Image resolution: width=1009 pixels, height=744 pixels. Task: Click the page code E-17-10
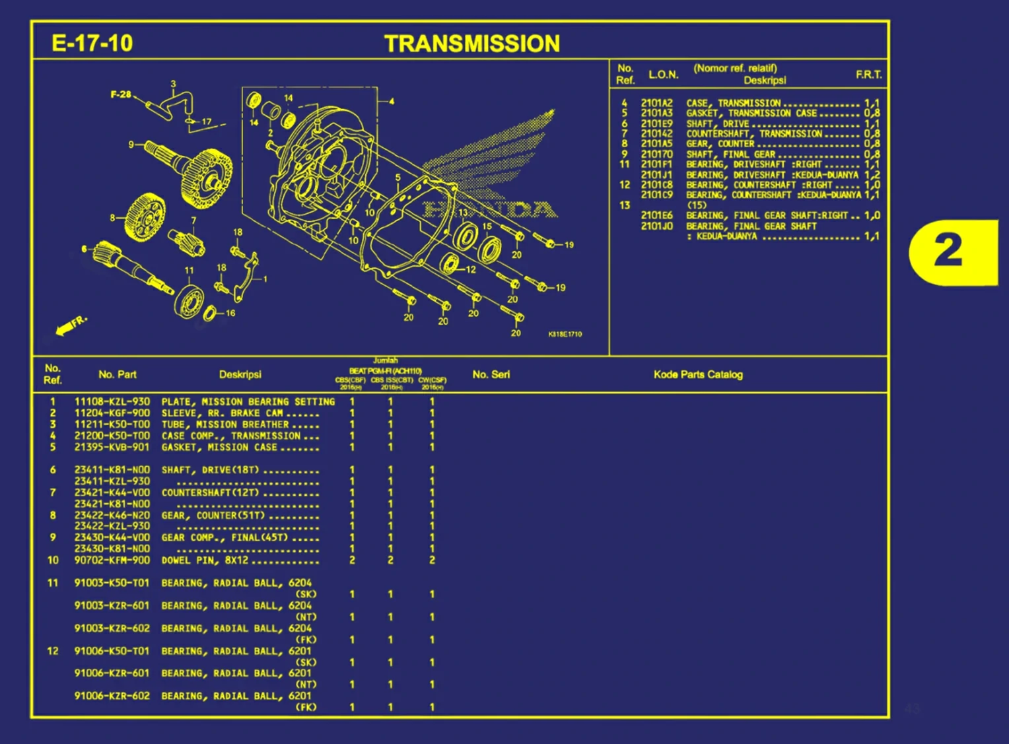click(92, 44)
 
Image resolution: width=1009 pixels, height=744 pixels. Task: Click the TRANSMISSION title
click(472, 44)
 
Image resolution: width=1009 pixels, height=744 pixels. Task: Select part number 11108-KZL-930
click(112, 401)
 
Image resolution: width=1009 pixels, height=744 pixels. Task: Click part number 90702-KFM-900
click(112, 560)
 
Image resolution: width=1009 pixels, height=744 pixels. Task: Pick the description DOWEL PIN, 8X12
click(205, 560)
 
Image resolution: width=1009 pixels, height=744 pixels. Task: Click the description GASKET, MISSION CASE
click(219, 447)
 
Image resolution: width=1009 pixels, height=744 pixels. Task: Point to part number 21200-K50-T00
click(112, 436)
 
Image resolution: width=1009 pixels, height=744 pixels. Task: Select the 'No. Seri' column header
click(491, 374)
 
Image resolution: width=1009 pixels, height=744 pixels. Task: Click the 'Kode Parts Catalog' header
click(698, 374)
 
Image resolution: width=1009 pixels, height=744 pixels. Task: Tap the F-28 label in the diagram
click(120, 94)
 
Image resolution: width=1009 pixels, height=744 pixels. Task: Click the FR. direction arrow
click(70, 325)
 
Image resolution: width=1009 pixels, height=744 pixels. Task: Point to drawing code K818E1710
click(565, 334)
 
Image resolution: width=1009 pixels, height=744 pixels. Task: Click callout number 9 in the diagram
click(131, 144)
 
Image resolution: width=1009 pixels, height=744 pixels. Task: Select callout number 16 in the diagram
click(230, 313)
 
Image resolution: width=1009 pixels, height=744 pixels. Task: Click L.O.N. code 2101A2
click(656, 103)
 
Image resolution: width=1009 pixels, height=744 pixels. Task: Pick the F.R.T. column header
click(868, 75)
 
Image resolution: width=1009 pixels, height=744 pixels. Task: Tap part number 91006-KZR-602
click(112, 696)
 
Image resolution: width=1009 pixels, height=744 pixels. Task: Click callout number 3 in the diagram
click(173, 84)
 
